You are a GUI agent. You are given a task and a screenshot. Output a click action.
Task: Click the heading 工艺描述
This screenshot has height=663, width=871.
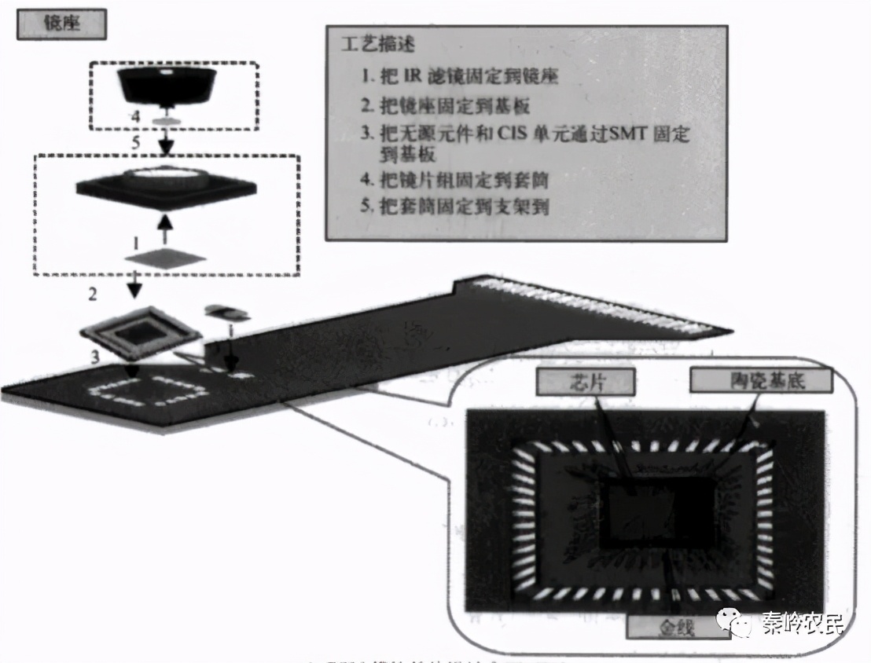coord(378,45)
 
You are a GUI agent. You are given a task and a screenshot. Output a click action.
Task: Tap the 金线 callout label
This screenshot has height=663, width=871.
coord(673,627)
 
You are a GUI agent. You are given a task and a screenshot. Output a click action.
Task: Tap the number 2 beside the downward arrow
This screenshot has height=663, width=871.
coord(94,295)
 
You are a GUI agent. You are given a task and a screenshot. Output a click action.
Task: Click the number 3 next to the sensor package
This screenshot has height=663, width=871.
coord(94,357)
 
